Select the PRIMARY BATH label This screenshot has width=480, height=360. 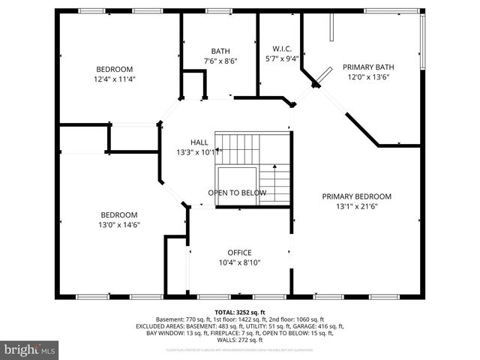[368, 66]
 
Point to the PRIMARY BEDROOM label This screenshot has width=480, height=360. [356, 196]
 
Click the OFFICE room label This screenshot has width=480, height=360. [239, 253]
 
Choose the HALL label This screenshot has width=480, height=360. [199, 142]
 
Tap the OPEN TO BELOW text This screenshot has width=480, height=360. [237, 193]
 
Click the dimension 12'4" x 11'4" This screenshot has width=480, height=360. [114, 79]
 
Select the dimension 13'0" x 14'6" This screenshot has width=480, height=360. [118, 224]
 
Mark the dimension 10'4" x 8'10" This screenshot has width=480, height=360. [239, 263]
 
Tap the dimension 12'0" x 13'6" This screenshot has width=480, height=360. [368, 76]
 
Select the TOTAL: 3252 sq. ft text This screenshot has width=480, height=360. [239, 312]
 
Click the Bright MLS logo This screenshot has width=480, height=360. [29, 349]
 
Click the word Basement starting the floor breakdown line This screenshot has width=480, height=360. [169, 319]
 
